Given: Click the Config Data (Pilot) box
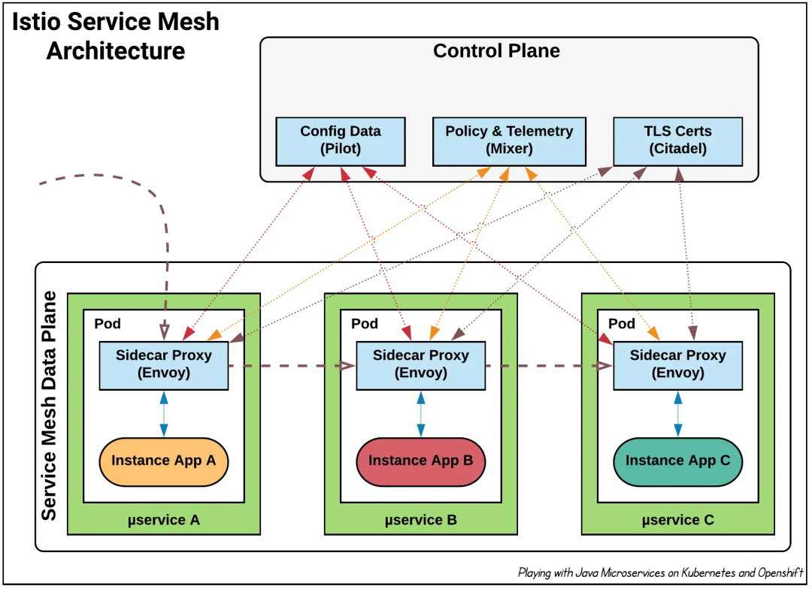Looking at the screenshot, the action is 341,141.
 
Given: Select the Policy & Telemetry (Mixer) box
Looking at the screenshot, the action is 509,141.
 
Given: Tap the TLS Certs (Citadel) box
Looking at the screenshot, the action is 677,141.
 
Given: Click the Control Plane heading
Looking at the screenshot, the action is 496,51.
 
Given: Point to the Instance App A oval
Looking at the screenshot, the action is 164,462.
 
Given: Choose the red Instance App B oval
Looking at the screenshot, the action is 420,462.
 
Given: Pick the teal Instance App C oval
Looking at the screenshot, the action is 677,462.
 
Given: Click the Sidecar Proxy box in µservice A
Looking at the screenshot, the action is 164,365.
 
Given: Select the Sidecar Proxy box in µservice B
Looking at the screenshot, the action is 420,365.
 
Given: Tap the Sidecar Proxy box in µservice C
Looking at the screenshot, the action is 677,365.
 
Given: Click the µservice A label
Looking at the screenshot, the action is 164,520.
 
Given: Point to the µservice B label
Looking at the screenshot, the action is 420,520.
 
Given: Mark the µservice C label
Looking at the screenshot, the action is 677,520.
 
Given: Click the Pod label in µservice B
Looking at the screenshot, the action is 364,324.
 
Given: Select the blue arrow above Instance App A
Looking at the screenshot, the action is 164,414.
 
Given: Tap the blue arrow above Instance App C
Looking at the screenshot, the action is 677,414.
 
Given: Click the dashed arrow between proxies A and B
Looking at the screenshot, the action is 292,366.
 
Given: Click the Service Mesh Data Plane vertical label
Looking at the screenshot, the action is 49,406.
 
